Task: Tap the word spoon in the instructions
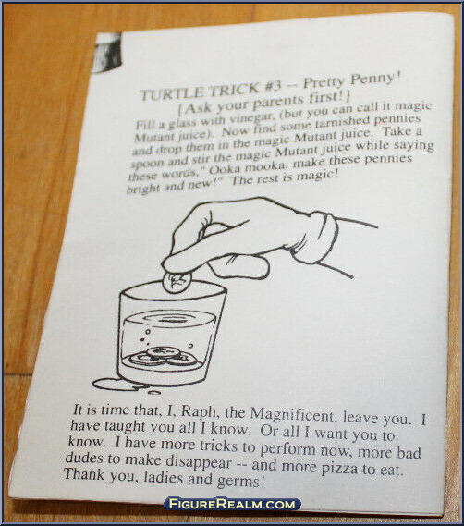tap(147, 164)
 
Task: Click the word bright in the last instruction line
tap(143, 189)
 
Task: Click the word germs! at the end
tap(240, 482)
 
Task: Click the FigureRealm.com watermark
tap(233, 504)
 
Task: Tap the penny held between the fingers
tap(177, 282)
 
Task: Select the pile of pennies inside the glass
tap(164, 358)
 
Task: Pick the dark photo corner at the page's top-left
tap(106, 53)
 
